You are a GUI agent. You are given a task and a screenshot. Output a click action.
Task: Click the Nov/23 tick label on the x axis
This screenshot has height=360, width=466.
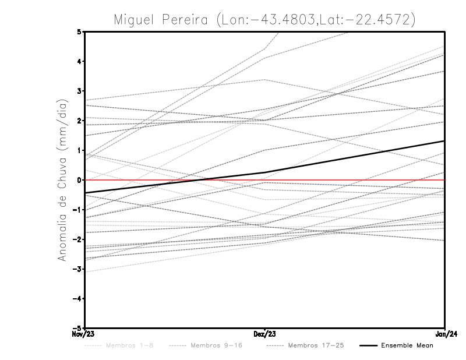point(78,334)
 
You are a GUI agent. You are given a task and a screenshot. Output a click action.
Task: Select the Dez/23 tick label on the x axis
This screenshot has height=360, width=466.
point(264,334)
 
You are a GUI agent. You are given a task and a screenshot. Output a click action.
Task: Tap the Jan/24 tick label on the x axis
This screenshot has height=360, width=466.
point(446,334)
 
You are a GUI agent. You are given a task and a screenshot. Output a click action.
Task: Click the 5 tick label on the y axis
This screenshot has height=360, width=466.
point(79,31)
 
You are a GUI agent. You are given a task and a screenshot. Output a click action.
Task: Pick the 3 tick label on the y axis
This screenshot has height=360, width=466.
point(79,91)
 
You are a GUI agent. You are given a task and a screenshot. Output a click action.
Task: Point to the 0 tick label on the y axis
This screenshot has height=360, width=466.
point(79,180)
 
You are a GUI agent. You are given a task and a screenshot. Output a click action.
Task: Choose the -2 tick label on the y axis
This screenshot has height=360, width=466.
point(77,239)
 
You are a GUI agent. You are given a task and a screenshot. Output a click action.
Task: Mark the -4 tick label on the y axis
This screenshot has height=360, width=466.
point(77,299)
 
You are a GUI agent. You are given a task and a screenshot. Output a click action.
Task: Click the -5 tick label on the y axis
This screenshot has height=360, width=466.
point(77,328)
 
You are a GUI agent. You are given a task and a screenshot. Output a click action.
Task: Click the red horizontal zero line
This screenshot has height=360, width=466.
point(349,180)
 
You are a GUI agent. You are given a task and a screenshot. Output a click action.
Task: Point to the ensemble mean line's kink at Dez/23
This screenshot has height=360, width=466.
point(265,172)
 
